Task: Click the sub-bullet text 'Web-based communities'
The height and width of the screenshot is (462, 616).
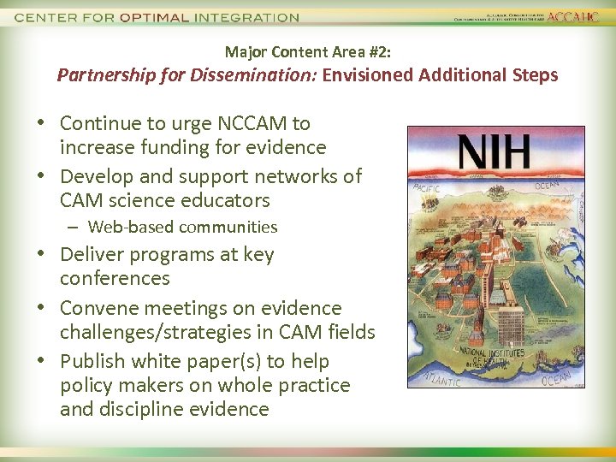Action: [182, 228]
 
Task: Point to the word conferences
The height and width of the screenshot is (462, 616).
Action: [115, 278]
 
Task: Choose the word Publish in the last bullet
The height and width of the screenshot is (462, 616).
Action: [93, 361]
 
